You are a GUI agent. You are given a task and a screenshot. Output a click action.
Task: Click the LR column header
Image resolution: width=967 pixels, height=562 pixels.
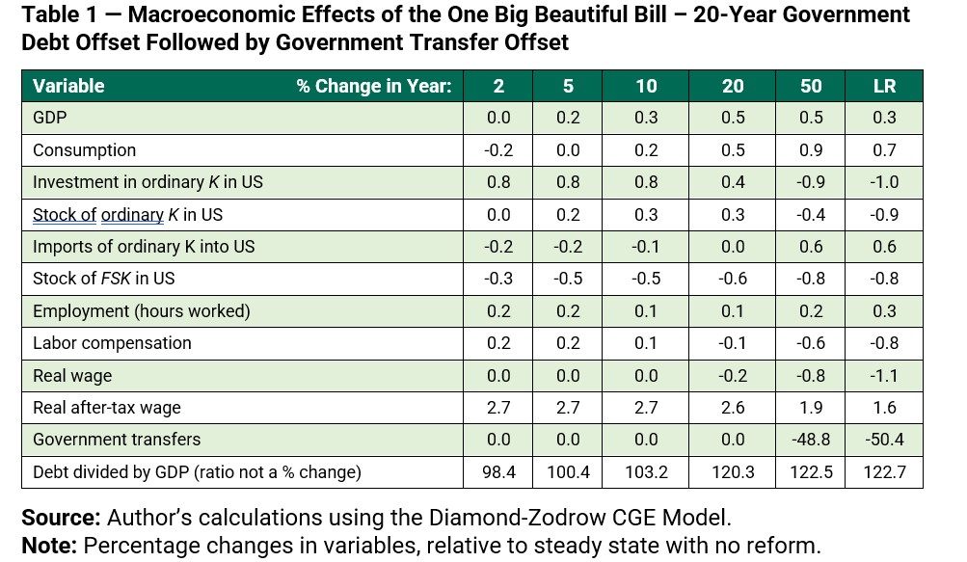click(x=884, y=86)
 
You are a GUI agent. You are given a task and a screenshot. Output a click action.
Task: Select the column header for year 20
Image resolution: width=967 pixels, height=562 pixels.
click(x=733, y=86)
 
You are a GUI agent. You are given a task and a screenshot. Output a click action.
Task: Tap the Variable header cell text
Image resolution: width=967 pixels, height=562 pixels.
click(x=68, y=86)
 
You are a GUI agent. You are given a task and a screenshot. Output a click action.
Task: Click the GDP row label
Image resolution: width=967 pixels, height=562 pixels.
click(x=50, y=118)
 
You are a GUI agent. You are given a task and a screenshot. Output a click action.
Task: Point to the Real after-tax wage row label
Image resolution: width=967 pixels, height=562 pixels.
click(x=107, y=407)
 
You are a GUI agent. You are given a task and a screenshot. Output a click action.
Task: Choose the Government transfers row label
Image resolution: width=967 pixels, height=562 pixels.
click(x=117, y=440)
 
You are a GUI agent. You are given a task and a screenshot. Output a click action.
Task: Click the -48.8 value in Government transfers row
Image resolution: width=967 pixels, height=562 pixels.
click(x=811, y=440)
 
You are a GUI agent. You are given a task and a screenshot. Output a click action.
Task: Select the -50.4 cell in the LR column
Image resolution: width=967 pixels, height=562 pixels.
click(x=884, y=440)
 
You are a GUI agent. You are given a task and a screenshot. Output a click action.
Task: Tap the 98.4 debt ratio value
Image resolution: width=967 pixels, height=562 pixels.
click(x=498, y=472)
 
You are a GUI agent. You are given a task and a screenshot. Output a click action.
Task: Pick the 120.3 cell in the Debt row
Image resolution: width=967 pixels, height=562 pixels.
click(x=733, y=472)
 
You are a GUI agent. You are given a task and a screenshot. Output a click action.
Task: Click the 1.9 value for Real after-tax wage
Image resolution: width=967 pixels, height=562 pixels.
click(x=811, y=407)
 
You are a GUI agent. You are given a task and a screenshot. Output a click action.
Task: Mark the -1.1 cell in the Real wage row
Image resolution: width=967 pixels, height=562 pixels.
click(x=884, y=375)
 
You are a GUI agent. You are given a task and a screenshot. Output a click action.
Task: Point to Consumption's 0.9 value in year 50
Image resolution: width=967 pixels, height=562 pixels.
click(x=811, y=150)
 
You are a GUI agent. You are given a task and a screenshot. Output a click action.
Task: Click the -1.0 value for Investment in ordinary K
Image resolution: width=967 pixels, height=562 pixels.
click(x=884, y=182)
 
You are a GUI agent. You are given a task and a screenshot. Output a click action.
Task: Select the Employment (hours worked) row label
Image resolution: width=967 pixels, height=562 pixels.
click(x=141, y=310)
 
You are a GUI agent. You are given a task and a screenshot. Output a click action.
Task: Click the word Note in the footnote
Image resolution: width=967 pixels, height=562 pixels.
click(x=48, y=546)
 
